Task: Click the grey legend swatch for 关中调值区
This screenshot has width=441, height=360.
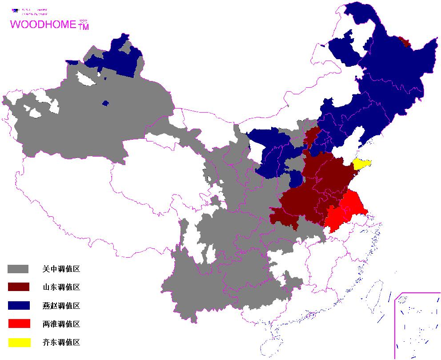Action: click(x=18, y=269)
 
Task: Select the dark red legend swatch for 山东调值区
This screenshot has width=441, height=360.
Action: click(x=18, y=287)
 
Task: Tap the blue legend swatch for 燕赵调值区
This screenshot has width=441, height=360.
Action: click(x=18, y=305)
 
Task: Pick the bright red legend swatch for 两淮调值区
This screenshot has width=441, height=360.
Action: click(x=18, y=324)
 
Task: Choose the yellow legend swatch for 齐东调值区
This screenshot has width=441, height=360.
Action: click(x=18, y=342)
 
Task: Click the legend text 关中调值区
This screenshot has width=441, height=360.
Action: click(x=61, y=269)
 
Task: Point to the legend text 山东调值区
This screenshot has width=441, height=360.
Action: click(x=61, y=287)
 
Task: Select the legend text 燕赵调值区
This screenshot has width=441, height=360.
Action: click(x=61, y=306)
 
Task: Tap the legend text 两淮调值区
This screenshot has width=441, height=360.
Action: click(x=61, y=324)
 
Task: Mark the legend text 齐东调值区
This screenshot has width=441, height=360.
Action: click(x=61, y=342)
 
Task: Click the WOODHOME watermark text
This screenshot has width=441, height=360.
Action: click(x=43, y=24)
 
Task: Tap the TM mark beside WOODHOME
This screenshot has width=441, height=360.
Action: click(x=84, y=27)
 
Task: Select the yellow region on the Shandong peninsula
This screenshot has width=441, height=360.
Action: click(x=361, y=164)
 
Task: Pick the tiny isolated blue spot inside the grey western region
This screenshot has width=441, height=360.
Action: click(x=105, y=103)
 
